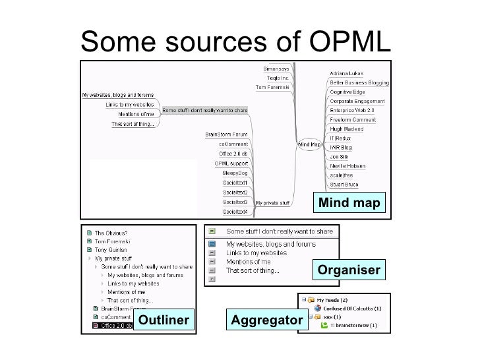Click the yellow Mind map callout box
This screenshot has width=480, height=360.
click(x=349, y=203)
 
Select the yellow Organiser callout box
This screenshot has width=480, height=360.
click(x=349, y=270)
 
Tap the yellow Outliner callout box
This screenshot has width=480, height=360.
click(x=164, y=320)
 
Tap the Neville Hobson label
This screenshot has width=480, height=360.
click(x=349, y=166)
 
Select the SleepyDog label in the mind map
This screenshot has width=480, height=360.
click(x=233, y=173)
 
